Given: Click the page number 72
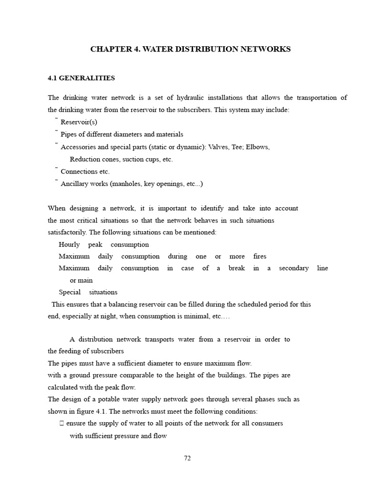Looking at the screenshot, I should [x=187, y=458].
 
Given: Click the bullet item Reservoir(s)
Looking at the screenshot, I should [x=79, y=122].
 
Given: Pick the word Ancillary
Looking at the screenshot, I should [x=75, y=184].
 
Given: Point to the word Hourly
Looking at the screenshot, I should [x=69, y=244].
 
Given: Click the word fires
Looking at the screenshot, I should [x=260, y=256].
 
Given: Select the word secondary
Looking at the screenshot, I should [x=294, y=268].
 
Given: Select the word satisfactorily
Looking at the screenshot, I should [x=67, y=233].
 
